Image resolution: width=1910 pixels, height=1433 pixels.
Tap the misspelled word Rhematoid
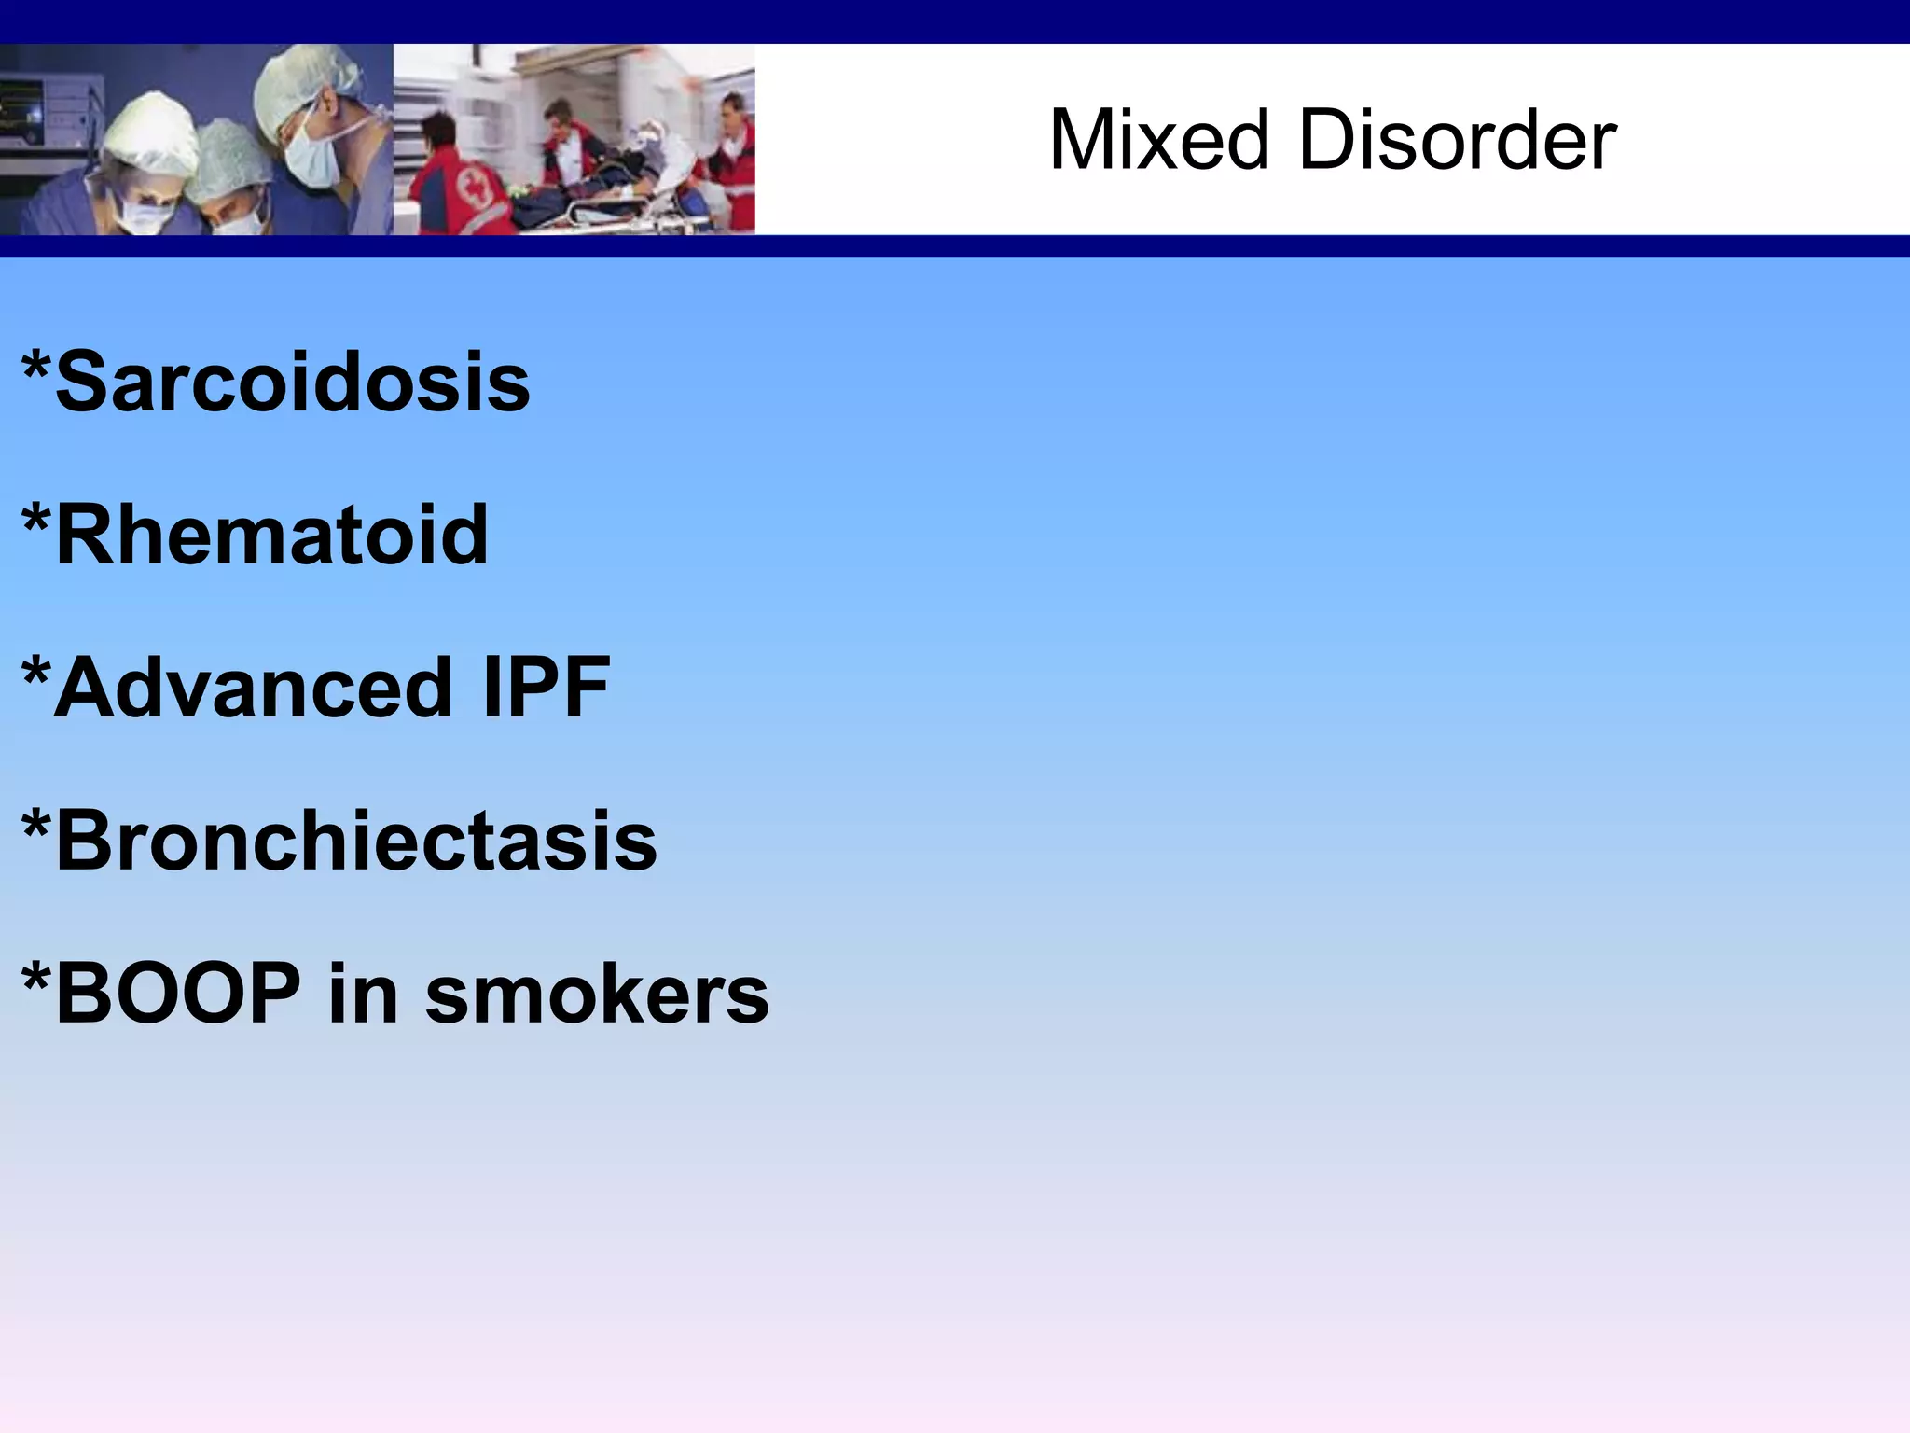271,535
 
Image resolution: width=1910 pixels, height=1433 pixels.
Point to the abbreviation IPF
547,688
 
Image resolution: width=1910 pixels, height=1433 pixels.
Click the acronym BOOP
178,994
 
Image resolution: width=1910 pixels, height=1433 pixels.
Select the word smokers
597,995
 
